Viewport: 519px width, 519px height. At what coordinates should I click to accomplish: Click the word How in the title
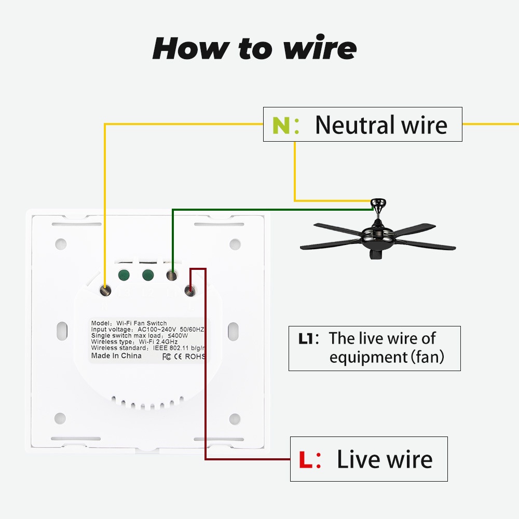click(x=190, y=48)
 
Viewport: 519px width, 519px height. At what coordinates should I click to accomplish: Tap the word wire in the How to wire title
click(x=320, y=48)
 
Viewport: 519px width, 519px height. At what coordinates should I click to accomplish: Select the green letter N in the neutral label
click(x=281, y=126)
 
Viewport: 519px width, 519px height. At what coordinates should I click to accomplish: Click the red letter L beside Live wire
click(x=306, y=460)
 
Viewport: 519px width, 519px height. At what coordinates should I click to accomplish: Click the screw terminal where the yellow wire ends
click(x=106, y=291)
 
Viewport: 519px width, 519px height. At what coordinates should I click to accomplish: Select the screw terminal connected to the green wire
click(x=171, y=275)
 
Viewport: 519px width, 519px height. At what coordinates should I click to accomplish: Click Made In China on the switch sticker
click(x=116, y=356)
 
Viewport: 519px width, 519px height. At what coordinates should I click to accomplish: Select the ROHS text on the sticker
click(x=196, y=357)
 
